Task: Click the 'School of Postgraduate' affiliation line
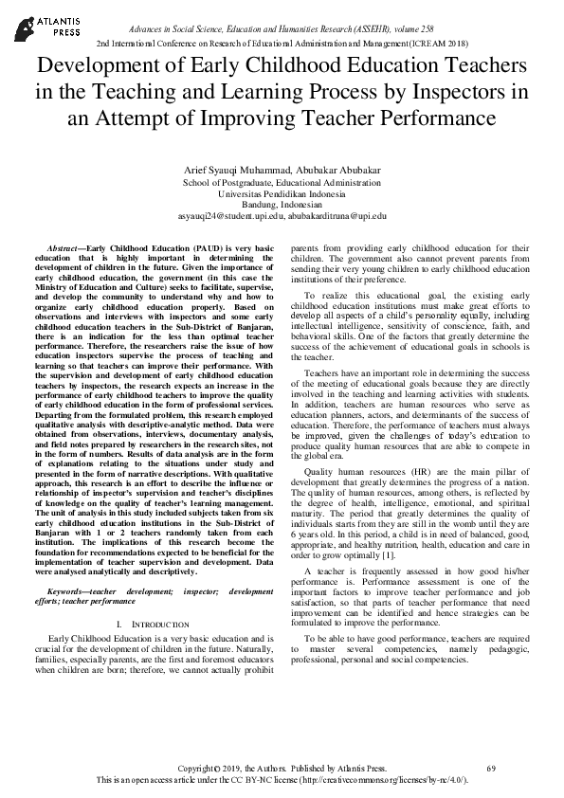coord(282,182)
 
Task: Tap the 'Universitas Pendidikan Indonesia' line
coord(282,193)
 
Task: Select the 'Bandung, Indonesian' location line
coord(282,205)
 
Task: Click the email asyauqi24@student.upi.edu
coord(230,216)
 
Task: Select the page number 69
coord(490,766)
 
